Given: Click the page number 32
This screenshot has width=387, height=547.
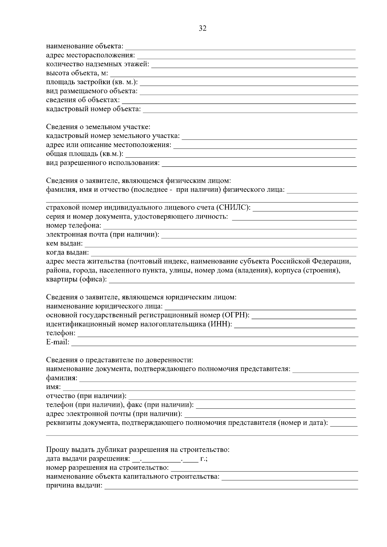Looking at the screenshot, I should pyautogui.click(x=203, y=28).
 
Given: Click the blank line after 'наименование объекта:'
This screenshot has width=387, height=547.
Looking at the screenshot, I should pyautogui.click(x=240, y=48).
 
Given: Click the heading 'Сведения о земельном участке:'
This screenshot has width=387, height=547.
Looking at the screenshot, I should pyautogui.click(x=98, y=127).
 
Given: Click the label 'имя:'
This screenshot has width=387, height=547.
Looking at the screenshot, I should pyautogui.click(x=53, y=387).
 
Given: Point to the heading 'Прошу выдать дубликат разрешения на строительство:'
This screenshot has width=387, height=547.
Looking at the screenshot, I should pyautogui.click(x=138, y=450).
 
